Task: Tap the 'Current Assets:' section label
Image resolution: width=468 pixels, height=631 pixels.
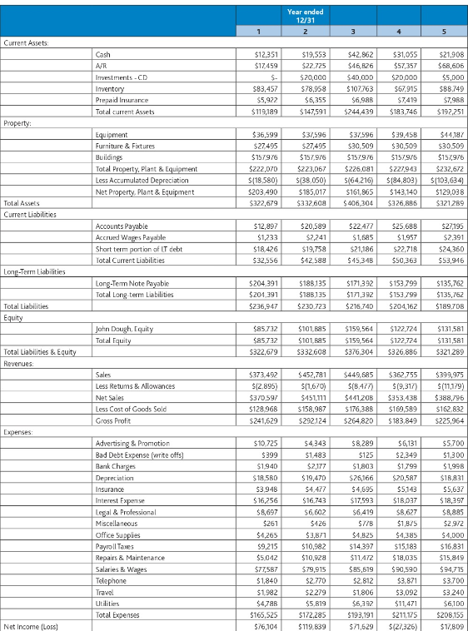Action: click(x=27, y=42)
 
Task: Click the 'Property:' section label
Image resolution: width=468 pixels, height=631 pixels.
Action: click(x=19, y=122)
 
